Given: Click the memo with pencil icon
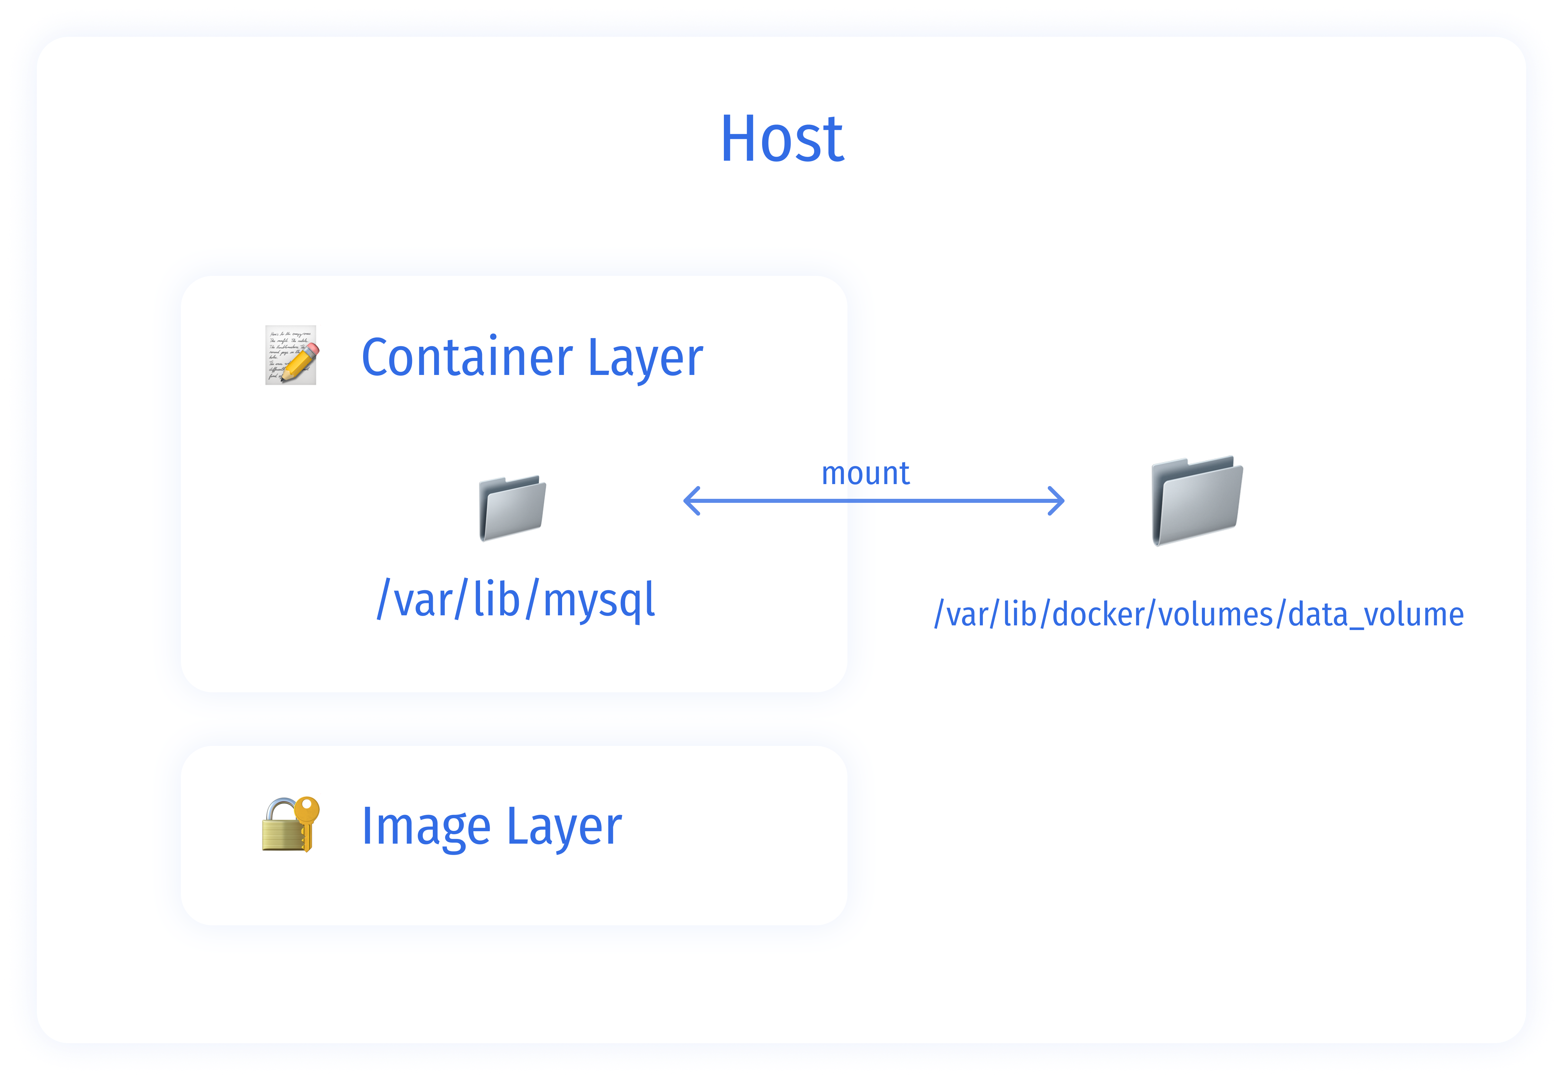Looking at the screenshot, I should tap(290, 355).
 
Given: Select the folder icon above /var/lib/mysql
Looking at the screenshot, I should tap(513, 508).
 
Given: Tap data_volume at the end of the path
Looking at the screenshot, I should tap(1375, 614).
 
